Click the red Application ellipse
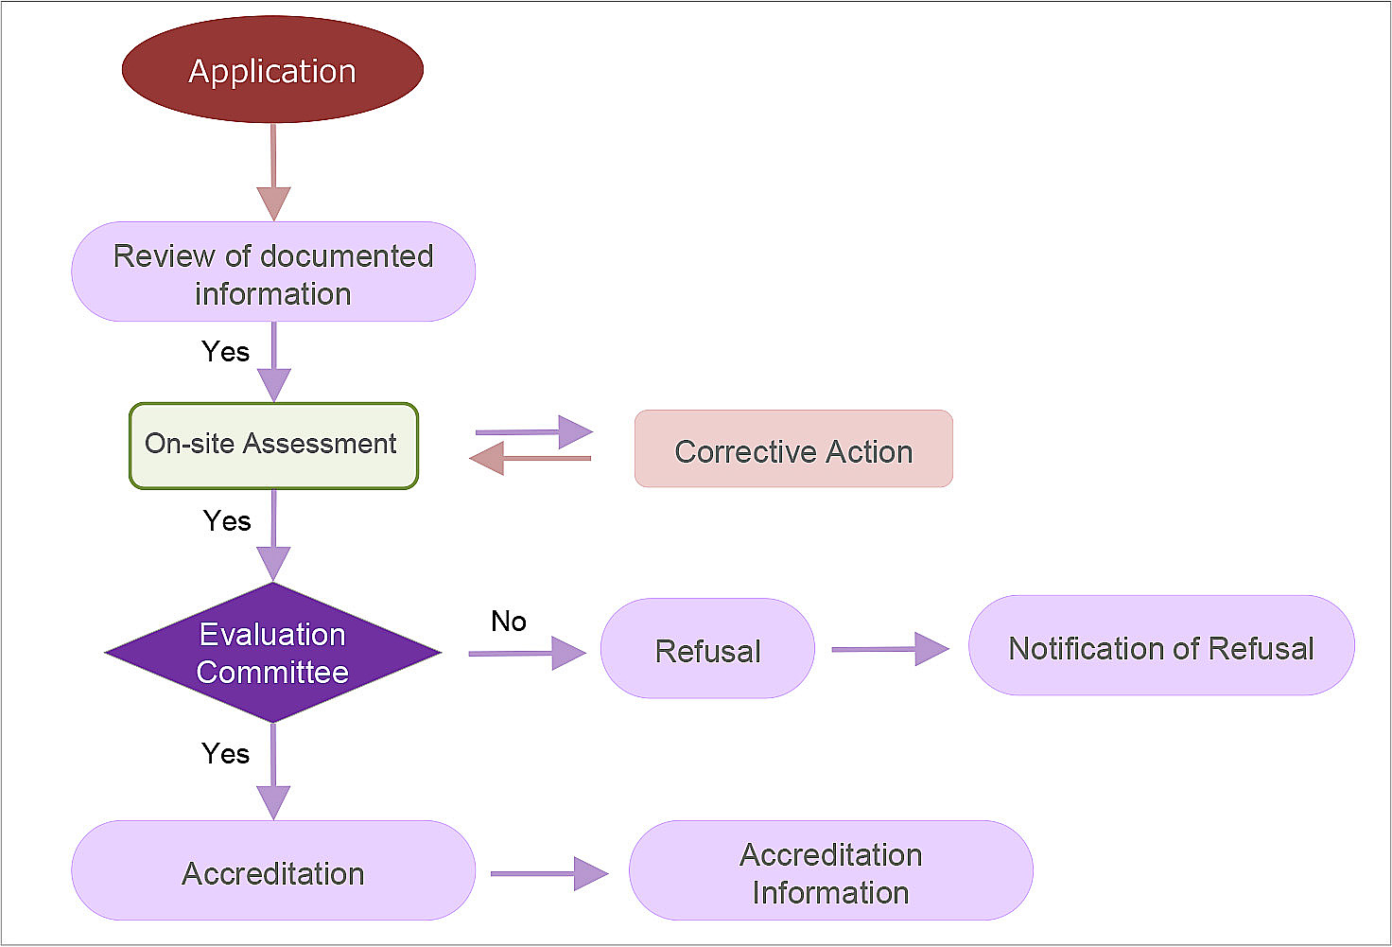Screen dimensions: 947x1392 click(x=272, y=70)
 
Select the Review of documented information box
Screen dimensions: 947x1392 click(x=273, y=272)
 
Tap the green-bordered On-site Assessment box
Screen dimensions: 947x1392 click(x=273, y=446)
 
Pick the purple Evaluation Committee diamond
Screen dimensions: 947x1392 click(x=273, y=653)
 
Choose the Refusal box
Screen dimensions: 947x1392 click(x=707, y=649)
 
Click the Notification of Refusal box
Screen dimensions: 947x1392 click(x=1161, y=646)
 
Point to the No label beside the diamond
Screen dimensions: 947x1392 click(x=509, y=622)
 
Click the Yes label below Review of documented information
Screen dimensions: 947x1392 click(x=226, y=352)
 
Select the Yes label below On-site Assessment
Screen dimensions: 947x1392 click(x=227, y=521)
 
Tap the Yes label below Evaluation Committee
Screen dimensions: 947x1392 click(x=226, y=754)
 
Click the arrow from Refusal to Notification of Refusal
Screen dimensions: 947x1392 click(x=889, y=649)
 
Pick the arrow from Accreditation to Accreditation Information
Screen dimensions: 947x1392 click(x=548, y=873)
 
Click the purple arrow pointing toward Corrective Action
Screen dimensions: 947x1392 click(x=534, y=432)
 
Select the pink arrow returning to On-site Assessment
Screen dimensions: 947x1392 click(x=530, y=459)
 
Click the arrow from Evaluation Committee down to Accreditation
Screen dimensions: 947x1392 click(x=273, y=771)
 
